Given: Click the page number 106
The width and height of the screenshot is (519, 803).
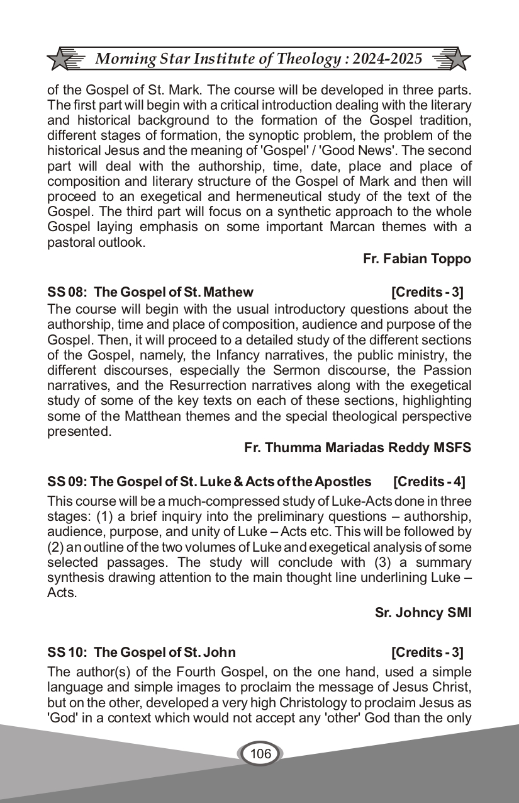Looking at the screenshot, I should click(260, 753).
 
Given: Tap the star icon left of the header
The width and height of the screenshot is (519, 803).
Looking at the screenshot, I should click(61, 60).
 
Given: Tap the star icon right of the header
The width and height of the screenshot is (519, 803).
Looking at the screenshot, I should click(458, 60).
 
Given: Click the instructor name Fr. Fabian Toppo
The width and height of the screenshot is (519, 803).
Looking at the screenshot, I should click(416, 259).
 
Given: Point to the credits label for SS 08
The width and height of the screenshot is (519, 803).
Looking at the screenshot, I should click(427, 292).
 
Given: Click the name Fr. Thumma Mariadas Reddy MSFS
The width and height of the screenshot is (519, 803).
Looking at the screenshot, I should click(357, 448).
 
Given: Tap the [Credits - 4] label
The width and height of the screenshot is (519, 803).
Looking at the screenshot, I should click(429, 482).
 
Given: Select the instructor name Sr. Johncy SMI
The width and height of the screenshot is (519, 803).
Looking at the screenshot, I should click(423, 613).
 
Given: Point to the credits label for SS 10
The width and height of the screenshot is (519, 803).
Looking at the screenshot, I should click(427, 652).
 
